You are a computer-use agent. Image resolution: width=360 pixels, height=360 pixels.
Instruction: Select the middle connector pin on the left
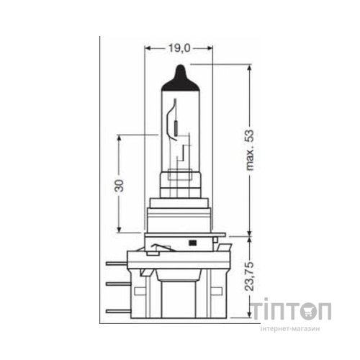pyautogui.click(x=115, y=286)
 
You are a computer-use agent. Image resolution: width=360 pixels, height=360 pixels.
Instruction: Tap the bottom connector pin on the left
pyautogui.click(x=115, y=310)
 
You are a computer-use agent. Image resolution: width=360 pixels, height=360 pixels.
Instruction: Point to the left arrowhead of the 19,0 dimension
pyautogui.click(x=148, y=49)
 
